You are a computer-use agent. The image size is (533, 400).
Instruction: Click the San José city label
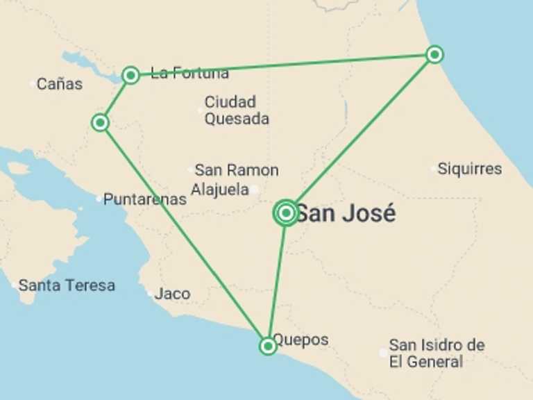pyautogui.click(x=346, y=213)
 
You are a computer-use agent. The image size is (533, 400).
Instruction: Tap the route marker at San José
pyautogui.click(x=286, y=213)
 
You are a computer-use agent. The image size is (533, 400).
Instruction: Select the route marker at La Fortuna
pyautogui.click(x=130, y=75)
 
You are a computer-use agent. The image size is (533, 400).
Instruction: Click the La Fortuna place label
pyautogui.click(x=189, y=74)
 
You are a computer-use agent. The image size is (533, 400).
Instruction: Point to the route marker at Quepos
pyautogui.click(x=268, y=345)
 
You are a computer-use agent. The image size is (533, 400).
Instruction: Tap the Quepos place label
pyautogui.click(x=301, y=340)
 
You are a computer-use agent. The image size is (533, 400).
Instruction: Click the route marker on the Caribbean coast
pyautogui.click(x=434, y=54)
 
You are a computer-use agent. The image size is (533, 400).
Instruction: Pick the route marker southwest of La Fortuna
pyautogui.click(x=100, y=123)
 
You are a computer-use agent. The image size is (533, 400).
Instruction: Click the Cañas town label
pyautogui.click(x=60, y=84)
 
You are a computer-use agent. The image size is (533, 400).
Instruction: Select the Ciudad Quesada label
pyautogui.click(x=236, y=110)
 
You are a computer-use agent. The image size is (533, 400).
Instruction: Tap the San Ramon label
pyautogui.click(x=236, y=170)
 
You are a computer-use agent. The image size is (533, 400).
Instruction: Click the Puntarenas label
pyautogui.click(x=145, y=199)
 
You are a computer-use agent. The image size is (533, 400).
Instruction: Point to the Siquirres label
pyautogui.click(x=470, y=169)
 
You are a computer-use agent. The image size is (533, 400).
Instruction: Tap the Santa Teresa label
pyautogui.click(x=67, y=285)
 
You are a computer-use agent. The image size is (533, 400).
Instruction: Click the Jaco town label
pyautogui.click(x=172, y=294)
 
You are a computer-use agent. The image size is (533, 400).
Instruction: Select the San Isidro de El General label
pyautogui.click(x=436, y=353)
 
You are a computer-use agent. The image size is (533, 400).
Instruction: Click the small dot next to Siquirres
pyautogui.click(x=434, y=169)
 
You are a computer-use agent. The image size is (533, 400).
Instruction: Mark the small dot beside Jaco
pyautogui.click(x=150, y=294)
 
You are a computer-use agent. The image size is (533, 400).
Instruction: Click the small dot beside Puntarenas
pyautogui.click(x=99, y=199)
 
